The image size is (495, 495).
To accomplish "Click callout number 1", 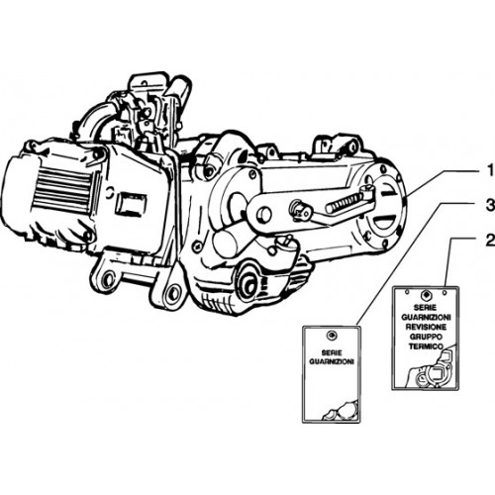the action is tap(490, 171).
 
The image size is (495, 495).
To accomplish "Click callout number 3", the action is tap(490, 206).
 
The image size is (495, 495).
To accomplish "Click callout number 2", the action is tap(490, 241).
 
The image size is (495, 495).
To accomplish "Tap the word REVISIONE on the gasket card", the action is tap(426, 327).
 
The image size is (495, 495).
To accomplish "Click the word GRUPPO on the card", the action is tap(426, 337).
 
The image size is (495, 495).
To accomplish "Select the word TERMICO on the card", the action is tap(426, 346).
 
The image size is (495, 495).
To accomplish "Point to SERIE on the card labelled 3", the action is tap(332, 352).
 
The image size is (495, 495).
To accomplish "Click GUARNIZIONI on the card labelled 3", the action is tap(332, 361).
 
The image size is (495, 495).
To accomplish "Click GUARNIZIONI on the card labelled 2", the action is tap(426, 318).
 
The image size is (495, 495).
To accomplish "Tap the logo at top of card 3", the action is tap(330, 336).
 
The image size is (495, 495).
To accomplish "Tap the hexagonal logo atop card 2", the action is tap(426, 295).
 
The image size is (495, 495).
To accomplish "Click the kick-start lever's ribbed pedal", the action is tap(344, 203).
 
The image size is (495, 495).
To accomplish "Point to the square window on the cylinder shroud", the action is tap(132, 205).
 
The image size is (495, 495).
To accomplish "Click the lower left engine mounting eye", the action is tap(106, 280).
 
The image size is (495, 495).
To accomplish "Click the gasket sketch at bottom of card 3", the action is tap(340, 410).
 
